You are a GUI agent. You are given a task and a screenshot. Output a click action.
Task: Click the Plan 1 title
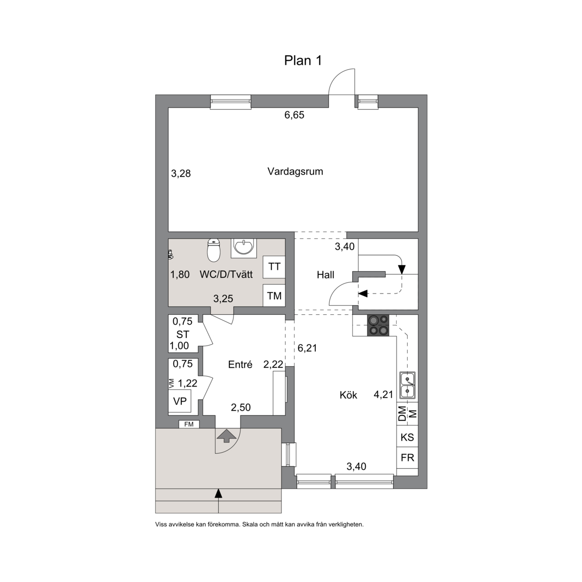[x=303, y=61]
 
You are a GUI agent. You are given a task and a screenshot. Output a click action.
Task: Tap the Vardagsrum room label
[x=295, y=171]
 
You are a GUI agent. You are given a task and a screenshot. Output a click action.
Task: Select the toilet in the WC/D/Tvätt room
[x=213, y=251]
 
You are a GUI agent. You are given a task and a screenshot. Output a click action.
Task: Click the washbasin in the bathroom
[x=244, y=248]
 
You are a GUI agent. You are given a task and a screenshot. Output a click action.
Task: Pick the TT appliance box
[x=274, y=267]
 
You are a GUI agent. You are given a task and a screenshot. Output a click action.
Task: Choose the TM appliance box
[x=274, y=296]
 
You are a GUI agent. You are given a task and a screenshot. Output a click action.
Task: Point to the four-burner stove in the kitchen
[x=378, y=325]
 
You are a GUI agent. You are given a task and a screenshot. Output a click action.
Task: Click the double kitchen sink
[x=407, y=385]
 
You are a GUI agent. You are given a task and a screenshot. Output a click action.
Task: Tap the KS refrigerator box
[x=407, y=437]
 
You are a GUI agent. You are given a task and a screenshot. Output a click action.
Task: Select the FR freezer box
[x=407, y=458]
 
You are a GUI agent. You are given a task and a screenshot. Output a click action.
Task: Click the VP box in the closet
[x=180, y=401]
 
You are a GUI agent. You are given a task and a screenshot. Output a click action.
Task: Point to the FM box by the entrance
[x=189, y=424]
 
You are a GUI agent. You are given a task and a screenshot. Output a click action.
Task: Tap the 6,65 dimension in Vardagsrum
[x=295, y=115]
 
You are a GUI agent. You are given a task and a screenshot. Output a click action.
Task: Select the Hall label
[x=325, y=275]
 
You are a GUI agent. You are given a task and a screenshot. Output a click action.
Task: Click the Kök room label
[x=348, y=395]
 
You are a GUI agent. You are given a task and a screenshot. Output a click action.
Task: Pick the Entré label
[x=240, y=364]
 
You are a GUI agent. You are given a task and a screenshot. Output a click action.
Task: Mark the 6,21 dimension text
[x=307, y=348]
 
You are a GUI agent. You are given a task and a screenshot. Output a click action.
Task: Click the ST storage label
[x=182, y=334]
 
